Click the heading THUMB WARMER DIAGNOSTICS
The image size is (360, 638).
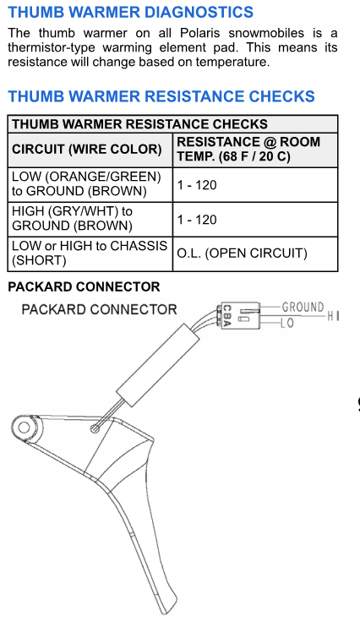130,12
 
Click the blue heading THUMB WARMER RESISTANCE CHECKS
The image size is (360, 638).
161,96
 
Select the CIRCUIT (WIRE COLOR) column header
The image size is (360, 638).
87,150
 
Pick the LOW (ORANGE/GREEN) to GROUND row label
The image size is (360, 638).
87,184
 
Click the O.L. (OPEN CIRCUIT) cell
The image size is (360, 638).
242,253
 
